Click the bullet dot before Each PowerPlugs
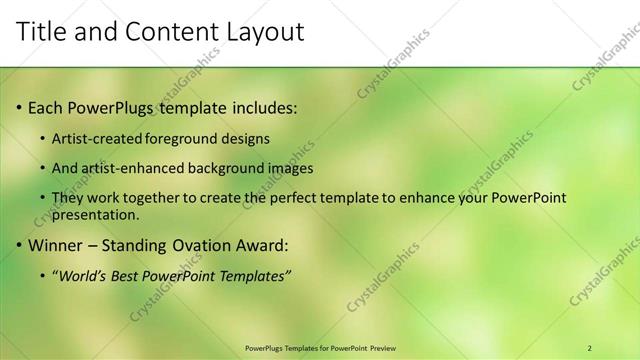tap(19, 107)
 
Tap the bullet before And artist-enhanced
tap(41, 169)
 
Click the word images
tap(290, 169)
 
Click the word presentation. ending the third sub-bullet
tap(95, 214)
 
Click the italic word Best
tap(129, 276)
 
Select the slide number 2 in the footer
tap(590, 347)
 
